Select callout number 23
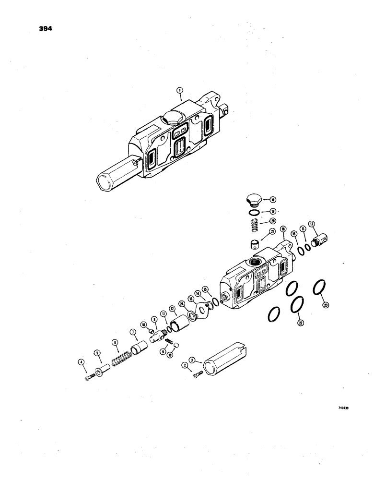pyautogui.click(x=327, y=304)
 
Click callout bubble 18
pyautogui.click(x=272, y=199)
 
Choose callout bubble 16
pyautogui.click(x=282, y=229)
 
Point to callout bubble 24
pyautogui.click(x=181, y=303)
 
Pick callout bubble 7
pyautogui.click(x=131, y=332)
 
